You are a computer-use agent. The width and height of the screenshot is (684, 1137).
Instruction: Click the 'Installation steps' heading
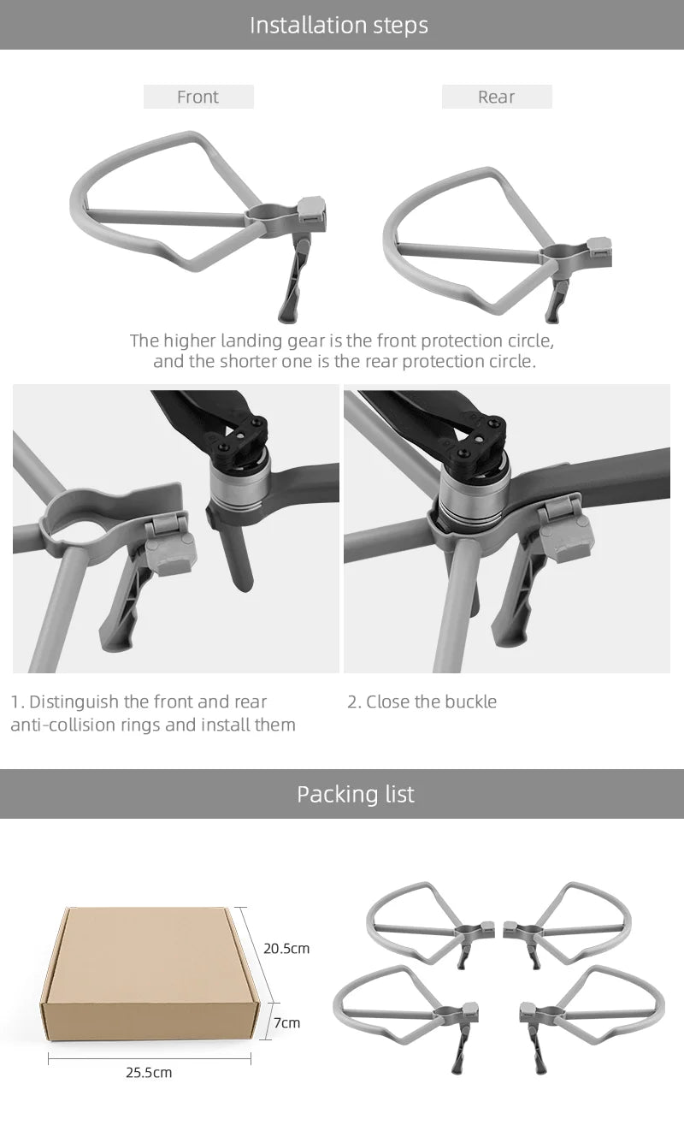coord(339,25)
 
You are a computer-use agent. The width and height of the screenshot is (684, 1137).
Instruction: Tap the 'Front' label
coord(198,97)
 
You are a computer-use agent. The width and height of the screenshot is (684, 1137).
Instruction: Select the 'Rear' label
coord(496,97)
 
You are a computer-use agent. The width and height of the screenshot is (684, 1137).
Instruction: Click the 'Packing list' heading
coord(355,794)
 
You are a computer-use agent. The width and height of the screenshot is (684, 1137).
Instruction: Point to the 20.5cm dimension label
coord(286,948)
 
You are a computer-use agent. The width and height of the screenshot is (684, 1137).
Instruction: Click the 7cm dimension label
coord(286,1023)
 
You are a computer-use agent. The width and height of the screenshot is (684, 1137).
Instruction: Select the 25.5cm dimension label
coord(150,1072)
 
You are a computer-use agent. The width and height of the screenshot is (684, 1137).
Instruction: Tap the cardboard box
coord(150,975)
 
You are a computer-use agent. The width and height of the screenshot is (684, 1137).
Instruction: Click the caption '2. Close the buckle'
coord(422,702)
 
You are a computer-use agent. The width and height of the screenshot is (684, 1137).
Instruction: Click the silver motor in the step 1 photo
coord(239,483)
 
